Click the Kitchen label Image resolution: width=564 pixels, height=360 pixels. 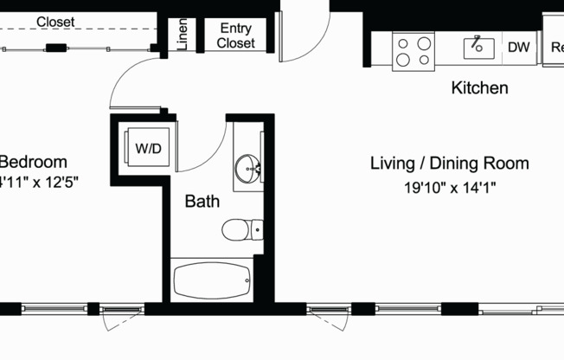pyautogui.click(x=479, y=87)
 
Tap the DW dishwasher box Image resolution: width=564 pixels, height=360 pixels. pyautogui.click(x=518, y=48)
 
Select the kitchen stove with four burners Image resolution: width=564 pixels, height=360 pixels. pyautogui.click(x=413, y=51)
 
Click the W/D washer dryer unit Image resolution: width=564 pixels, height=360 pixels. pyautogui.click(x=147, y=148)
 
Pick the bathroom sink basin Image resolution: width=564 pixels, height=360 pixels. pyautogui.click(x=248, y=168)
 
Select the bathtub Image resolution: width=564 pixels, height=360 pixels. pyautogui.click(x=213, y=280)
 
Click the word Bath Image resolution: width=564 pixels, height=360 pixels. pyautogui.click(x=202, y=202)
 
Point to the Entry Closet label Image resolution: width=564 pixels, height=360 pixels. pyautogui.click(x=235, y=35)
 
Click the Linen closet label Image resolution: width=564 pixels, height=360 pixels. pyautogui.click(x=183, y=35)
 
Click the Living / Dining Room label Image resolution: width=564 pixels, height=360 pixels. pyautogui.click(x=449, y=164)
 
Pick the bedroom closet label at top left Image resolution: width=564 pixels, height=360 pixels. pyautogui.click(x=54, y=22)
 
